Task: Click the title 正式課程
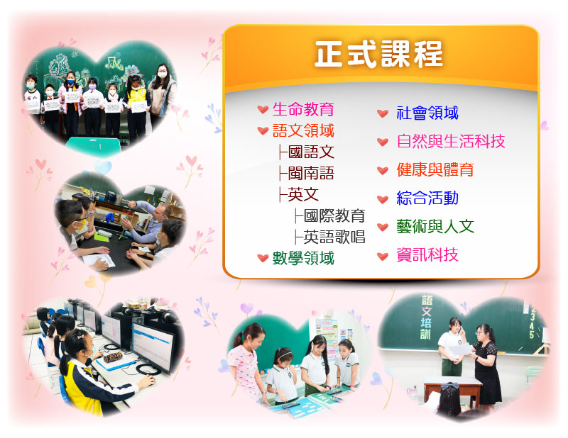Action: point(378,55)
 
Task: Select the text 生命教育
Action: point(303,109)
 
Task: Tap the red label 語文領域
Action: point(303,130)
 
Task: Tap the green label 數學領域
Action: point(303,258)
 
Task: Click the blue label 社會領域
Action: point(427,113)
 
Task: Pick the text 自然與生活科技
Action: point(451,141)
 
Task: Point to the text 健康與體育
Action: point(435,169)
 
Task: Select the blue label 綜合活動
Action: point(427,198)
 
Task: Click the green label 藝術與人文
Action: point(435,226)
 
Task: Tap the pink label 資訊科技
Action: point(427,254)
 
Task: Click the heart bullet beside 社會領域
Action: point(383,113)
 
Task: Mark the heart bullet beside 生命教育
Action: point(263,109)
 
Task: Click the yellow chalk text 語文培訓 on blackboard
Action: point(427,318)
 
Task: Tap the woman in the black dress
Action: point(486,365)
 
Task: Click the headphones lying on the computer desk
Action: point(148,370)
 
